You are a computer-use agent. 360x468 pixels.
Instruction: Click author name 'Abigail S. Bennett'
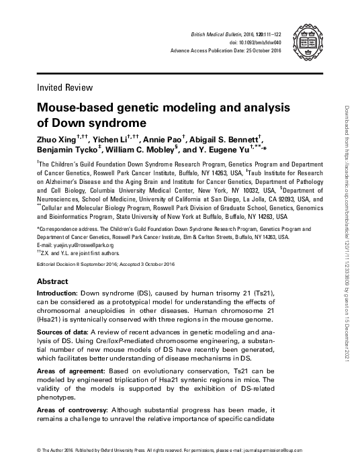click(x=222, y=140)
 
